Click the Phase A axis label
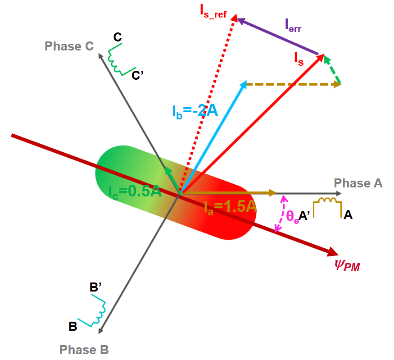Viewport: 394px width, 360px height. (358, 183)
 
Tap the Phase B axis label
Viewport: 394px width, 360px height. (84, 350)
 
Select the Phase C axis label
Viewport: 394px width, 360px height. (69, 46)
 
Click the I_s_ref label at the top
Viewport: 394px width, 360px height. (213, 12)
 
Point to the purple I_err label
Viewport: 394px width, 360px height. (293, 26)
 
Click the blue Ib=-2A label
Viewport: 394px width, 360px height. (195, 111)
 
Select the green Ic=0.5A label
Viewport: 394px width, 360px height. (135, 192)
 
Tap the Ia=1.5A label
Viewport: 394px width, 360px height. (231, 208)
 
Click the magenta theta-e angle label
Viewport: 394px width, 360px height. (293, 217)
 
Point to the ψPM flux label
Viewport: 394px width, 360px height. (347, 265)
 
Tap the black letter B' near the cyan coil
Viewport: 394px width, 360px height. (95, 287)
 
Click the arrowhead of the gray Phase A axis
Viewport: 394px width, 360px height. (339, 193)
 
